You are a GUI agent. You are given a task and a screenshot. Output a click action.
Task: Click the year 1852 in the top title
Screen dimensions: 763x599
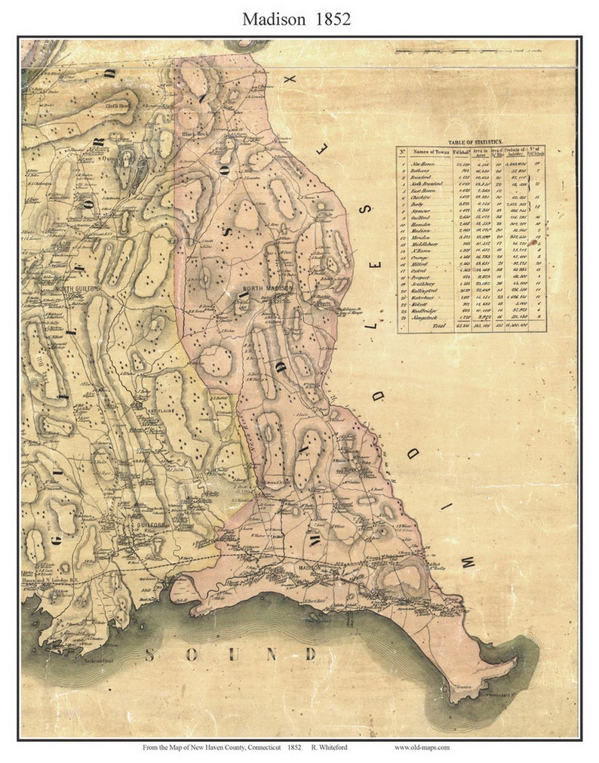[x=331, y=20]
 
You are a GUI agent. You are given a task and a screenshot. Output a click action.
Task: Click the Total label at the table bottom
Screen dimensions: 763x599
[x=441, y=326]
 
